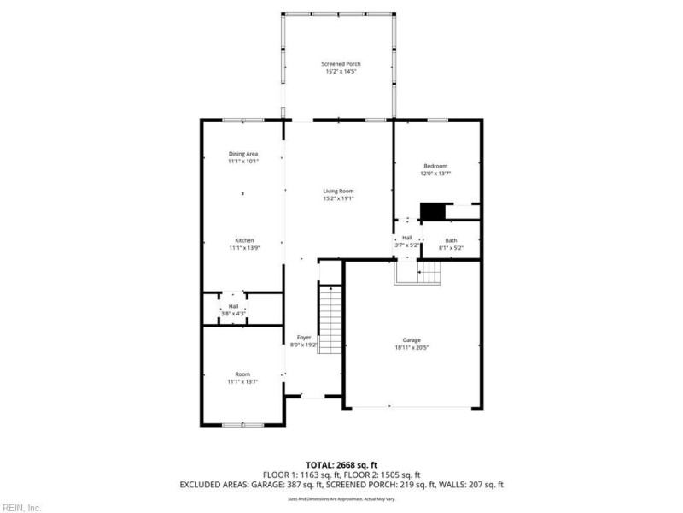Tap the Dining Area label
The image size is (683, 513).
click(x=242, y=154)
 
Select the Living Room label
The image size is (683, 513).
click(x=338, y=191)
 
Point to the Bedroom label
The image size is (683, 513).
click(x=435, y=166)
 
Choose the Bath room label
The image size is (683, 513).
click(x=450, y=240)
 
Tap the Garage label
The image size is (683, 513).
click(x=412, y=339)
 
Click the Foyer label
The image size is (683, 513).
click(x=304, y=338)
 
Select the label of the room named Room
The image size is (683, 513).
click(x=242, y=374)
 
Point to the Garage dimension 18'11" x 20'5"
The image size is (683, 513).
click(x=412, y=347)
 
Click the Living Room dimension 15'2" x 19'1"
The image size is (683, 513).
click(x=338, y=198)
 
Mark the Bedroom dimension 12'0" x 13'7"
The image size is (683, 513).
click(x=435, y=174)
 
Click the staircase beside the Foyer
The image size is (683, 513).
click(x=330, y=315)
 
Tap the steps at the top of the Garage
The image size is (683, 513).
click(x=417, y=273)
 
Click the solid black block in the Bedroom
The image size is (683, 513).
click(x=434, y=211)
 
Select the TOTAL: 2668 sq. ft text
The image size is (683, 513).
click(x=341, y=463)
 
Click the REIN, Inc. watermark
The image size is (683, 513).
click(x=21, y=507)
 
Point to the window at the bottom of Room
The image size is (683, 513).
click(x=242, y=424)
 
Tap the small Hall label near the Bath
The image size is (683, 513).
click(x=406, y=237)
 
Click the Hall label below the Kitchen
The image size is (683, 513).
click(x=233, y=305)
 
